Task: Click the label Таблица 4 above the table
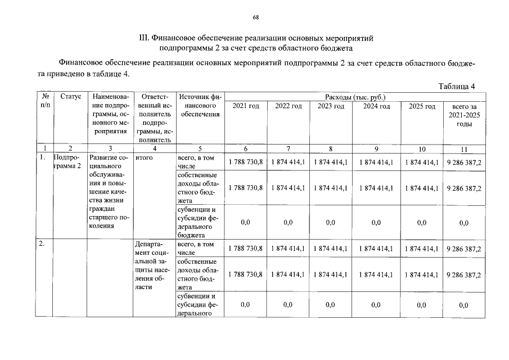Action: [457, 86]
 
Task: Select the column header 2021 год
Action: [246, 106]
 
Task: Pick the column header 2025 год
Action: [422, 106]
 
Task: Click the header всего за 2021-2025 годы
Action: [463, 115]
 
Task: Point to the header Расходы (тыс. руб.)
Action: [355, 97]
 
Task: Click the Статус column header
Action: [71, 97]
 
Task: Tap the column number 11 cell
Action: [463, 149]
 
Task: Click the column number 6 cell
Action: [246, 149]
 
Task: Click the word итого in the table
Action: [145, 159]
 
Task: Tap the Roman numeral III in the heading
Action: [142, 38]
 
